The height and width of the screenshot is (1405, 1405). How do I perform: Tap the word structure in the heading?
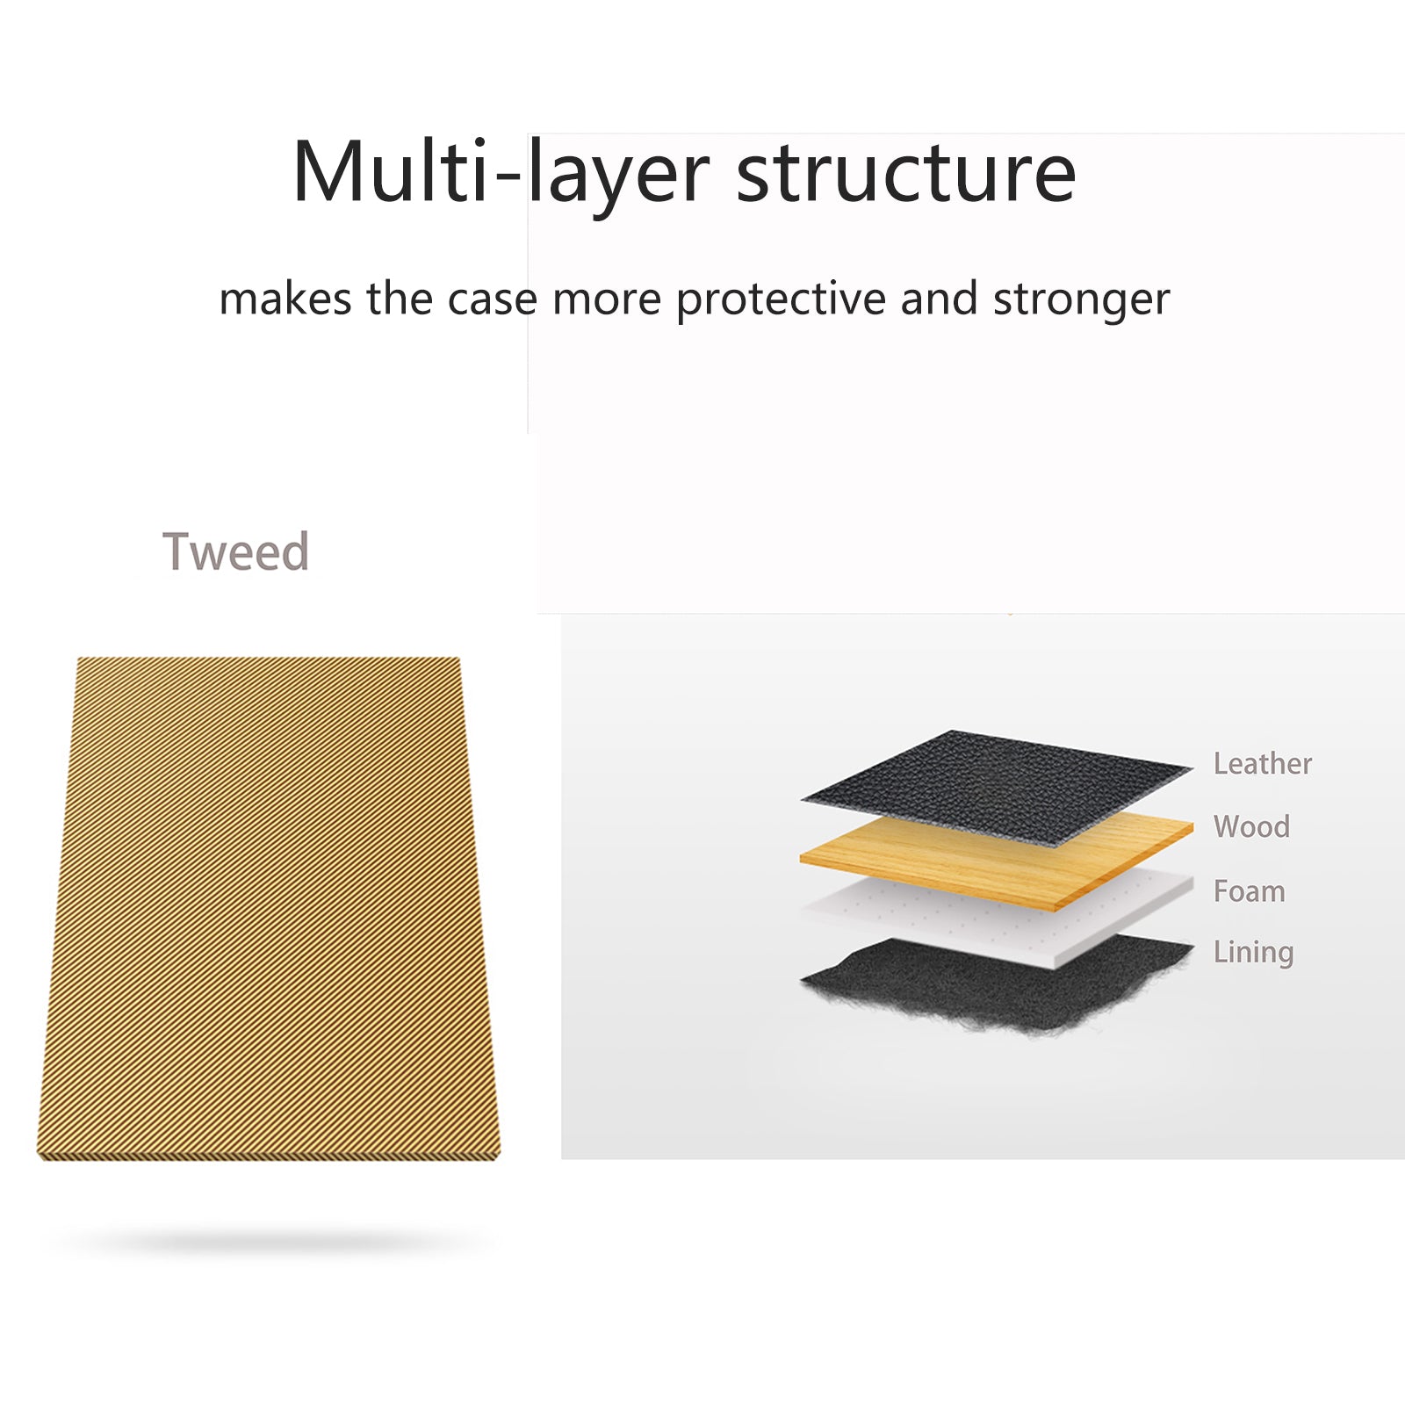(906, 173)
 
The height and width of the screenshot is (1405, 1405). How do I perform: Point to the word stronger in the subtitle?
(1081, 300)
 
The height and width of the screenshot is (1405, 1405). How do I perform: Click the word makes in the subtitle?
(285, 299)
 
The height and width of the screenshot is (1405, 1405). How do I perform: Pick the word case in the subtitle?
(492, 299)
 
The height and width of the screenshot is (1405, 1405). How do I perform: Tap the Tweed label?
(235, 551)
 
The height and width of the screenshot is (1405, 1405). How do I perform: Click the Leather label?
(1262, 763)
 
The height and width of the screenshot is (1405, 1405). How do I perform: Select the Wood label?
(1251, 826)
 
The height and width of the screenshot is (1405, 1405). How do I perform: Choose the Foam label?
(1249, 891)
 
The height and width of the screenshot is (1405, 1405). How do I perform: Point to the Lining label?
(1253, 953)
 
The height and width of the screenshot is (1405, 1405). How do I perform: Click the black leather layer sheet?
(996, 785)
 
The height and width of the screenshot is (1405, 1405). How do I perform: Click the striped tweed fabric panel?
(269, 909)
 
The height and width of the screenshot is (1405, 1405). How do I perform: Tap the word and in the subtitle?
(939, 299)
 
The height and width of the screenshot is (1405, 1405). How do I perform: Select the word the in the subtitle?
(400, 299)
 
